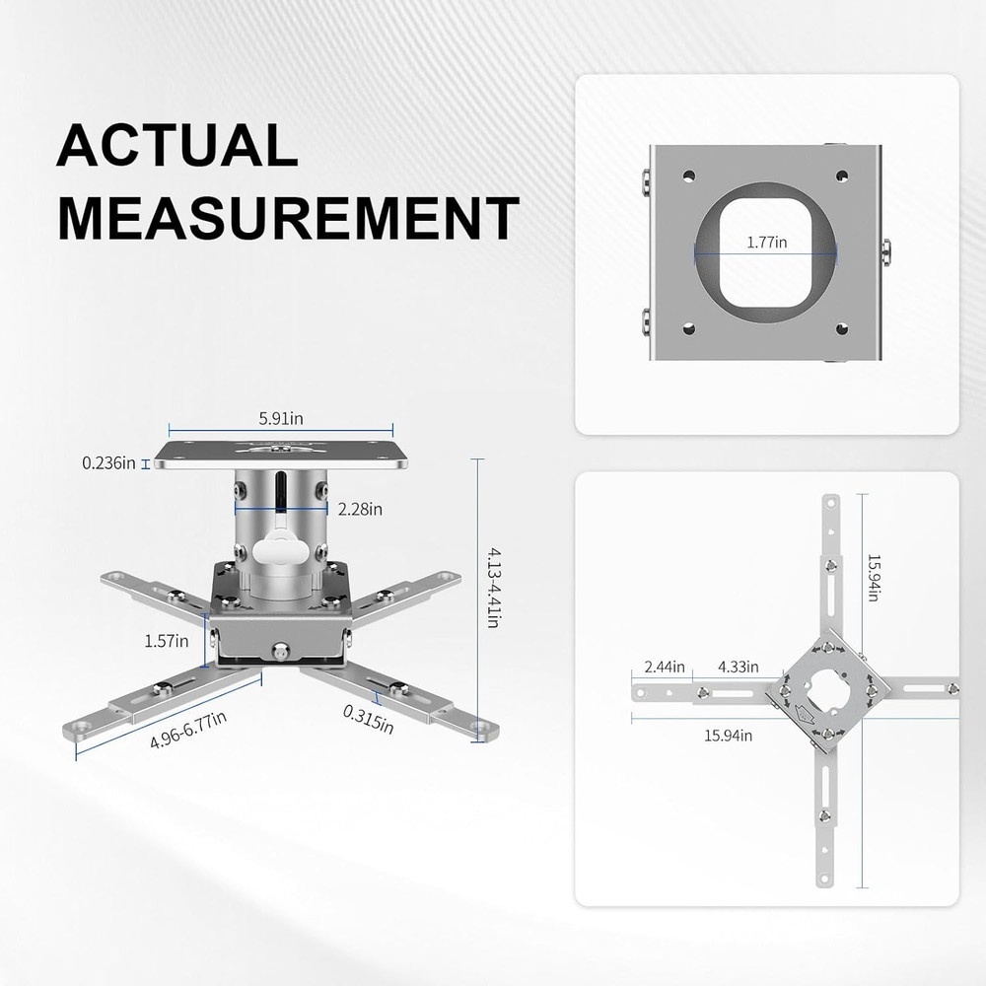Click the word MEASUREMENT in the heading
(x=287, y=218)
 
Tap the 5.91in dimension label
(x=281, y=418)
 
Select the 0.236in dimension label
(x=108, y=461)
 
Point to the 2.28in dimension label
(x=360, y=510)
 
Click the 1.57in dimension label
(x=166, y=641)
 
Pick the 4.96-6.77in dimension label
(x=188, y=730)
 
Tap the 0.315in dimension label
(x=369, y=719)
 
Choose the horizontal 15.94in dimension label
(x=729, y=735)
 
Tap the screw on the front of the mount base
(x=282, y=652)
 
